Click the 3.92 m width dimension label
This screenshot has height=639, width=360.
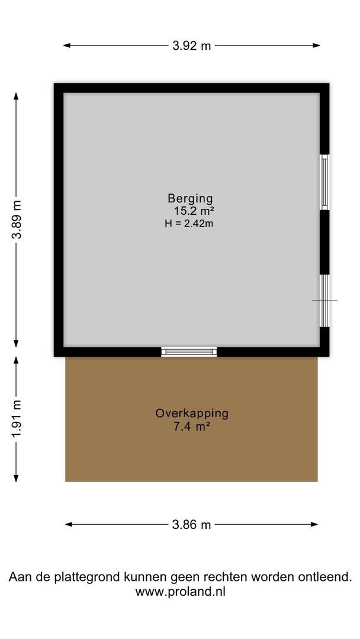coord(191,46)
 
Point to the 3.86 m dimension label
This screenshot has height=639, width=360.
coord(191,525)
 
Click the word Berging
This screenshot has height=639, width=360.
coord(189,199)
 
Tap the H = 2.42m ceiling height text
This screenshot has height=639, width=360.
coord(189,223)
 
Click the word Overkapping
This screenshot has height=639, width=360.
coord(192,414)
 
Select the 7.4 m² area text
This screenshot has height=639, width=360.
coord(192,425)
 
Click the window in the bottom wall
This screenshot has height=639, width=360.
coord(189,351)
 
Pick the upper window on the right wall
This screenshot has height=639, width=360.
coord(324,182)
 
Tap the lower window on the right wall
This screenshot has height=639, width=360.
coord(324,300)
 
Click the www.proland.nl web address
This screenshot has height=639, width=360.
coord(180,591)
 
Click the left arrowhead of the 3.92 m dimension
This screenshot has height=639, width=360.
coord(66,46)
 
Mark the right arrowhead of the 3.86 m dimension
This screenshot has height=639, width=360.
coord(315,524)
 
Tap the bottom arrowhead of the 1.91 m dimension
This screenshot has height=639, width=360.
coord(17,479)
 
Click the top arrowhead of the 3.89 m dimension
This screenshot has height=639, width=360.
coord(17,95)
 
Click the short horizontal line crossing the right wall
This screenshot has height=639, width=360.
coord(324,301)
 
